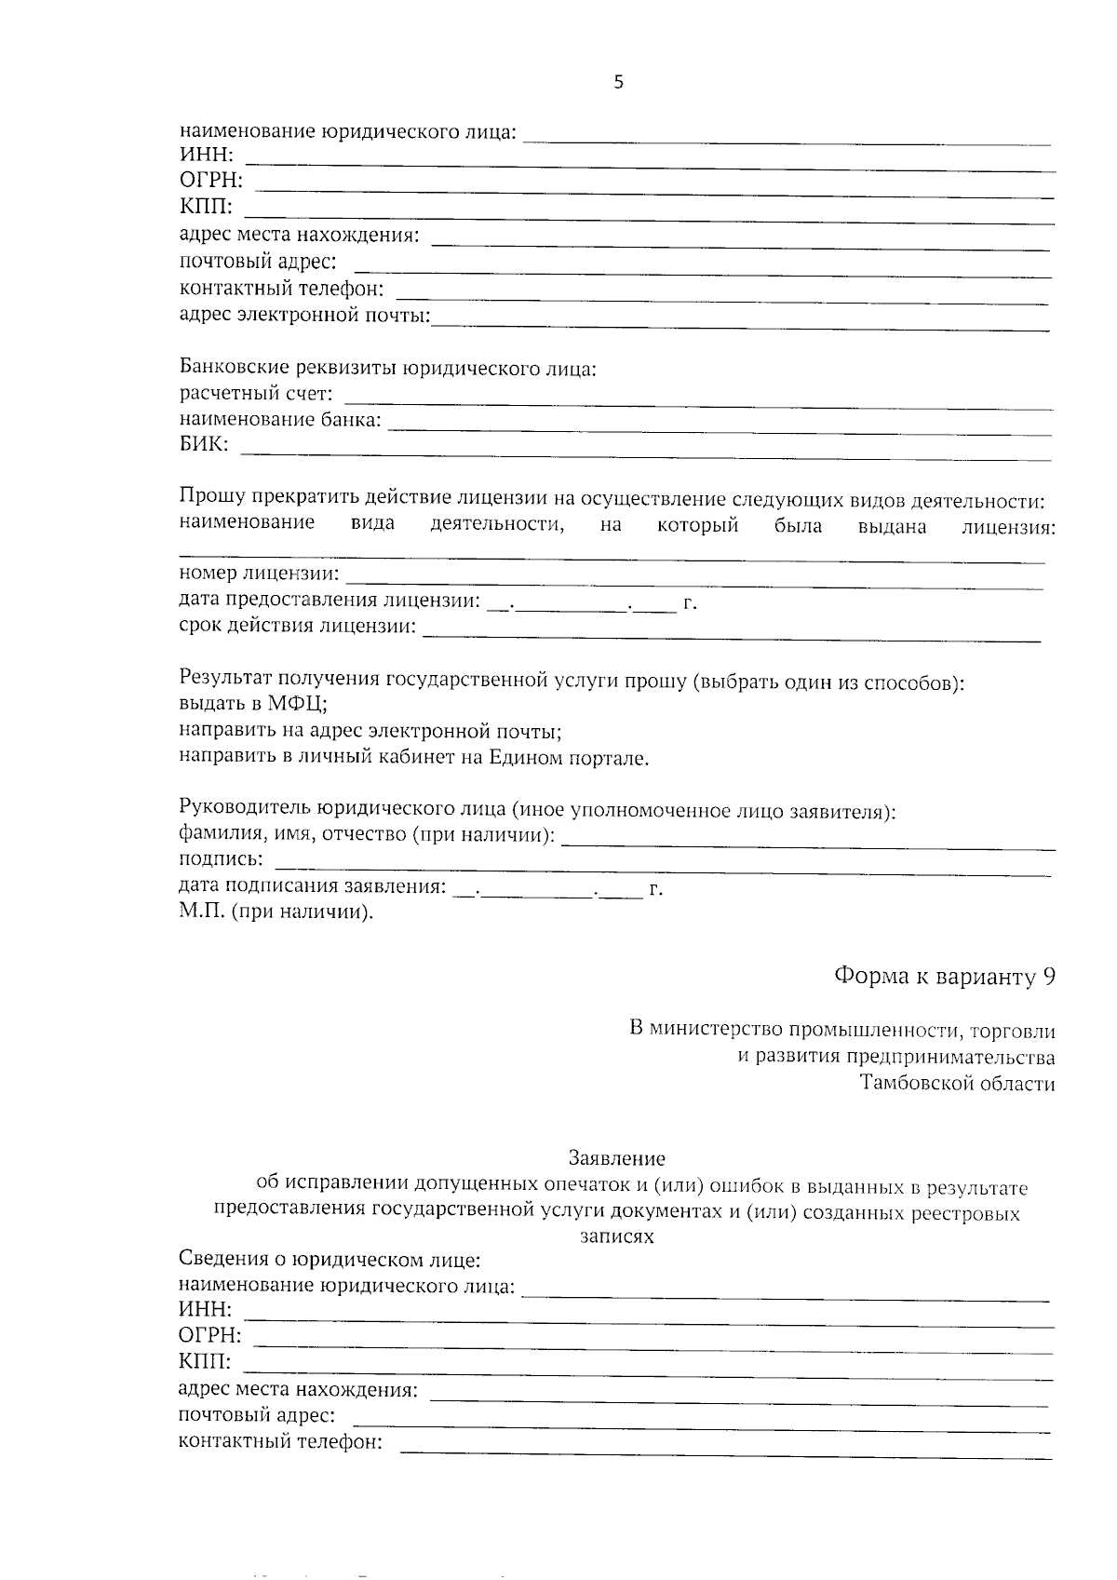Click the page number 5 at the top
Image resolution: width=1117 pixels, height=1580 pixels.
619,83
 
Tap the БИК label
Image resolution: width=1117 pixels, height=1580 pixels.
203,445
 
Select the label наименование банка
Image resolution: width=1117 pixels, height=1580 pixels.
280,420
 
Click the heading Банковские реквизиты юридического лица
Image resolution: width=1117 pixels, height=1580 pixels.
387,368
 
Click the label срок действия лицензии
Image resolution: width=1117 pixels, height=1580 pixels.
297,626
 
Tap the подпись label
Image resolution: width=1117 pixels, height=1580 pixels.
221,858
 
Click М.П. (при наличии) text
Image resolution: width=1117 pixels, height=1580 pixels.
276,912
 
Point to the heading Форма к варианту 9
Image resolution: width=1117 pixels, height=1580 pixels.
944,976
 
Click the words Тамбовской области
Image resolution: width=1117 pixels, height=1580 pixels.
958,1083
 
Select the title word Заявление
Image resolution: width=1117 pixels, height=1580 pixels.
617,1159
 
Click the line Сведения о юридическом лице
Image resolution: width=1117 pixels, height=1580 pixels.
330,1261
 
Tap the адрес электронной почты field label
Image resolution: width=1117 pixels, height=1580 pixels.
304,316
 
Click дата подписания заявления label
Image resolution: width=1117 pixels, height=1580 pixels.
312,886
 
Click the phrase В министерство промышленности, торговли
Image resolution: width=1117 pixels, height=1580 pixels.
842,1031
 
